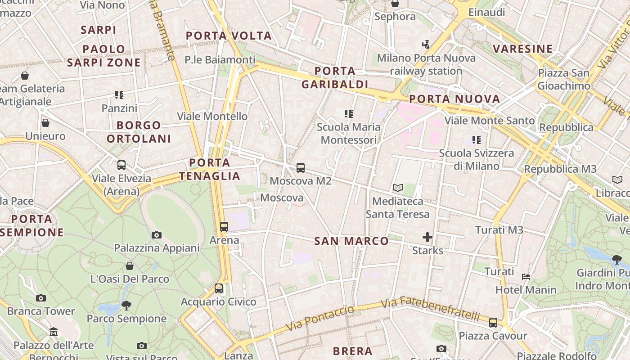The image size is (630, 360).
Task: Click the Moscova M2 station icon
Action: point(301,168)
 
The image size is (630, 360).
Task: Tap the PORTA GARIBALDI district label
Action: point(335,77)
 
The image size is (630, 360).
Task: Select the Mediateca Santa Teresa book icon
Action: point(397,188)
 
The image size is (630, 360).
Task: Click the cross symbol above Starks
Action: point(427,237)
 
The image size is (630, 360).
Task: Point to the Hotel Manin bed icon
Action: point(526,276)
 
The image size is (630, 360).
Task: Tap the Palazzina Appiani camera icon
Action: point(157,235)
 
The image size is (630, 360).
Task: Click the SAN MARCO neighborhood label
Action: point(351,241)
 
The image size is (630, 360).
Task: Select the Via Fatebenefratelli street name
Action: point(430,309)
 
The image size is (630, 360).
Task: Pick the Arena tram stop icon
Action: point(224,227)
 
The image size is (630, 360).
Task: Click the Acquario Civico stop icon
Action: point(219,288)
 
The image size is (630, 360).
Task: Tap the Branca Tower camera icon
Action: point(41,298)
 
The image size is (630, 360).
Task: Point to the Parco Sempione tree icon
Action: point(126,306)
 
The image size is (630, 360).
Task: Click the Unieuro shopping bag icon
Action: point(45,123)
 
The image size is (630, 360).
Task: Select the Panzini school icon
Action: point(119,95)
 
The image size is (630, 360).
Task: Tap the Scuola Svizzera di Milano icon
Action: point(477,140)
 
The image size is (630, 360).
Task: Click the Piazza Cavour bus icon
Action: point(493,323)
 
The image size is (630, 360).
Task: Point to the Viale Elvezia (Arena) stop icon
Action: point(121,165)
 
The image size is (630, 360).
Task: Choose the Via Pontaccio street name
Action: point(320,318)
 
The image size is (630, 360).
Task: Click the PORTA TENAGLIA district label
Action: point(210,169)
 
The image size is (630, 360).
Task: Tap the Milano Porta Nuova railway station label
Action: point(426,64)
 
